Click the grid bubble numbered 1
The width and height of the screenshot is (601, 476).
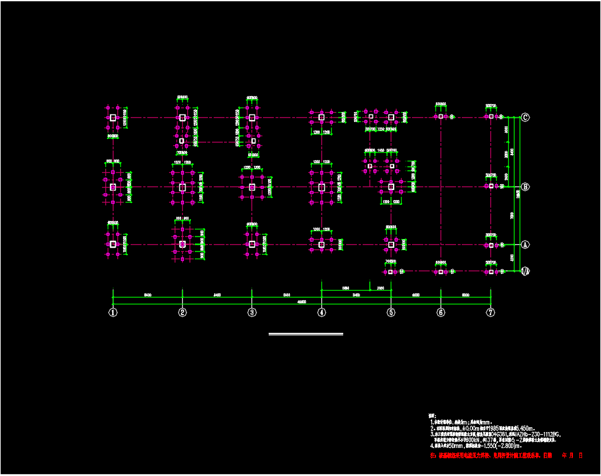[113, 312]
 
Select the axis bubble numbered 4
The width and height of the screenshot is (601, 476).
[321, 312]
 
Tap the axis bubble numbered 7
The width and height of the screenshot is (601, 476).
[490, 312]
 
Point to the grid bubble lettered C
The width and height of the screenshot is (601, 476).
[525, 118]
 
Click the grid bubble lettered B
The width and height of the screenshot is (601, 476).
[525, 187]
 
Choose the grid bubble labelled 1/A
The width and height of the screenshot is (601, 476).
[525, 271]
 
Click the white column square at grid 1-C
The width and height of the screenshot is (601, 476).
[113, 117]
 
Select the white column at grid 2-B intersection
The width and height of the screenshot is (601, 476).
[182, 187]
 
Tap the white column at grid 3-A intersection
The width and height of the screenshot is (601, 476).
[252, 244]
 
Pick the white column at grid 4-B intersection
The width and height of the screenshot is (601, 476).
[321, 187]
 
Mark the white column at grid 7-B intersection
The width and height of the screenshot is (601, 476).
[490, 186]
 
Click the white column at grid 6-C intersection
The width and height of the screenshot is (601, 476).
[440, 117]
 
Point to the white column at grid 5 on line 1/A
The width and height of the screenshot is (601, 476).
[391, 272]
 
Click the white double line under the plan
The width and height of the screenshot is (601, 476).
[306, 334]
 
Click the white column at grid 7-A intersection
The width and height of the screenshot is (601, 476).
[490, 245]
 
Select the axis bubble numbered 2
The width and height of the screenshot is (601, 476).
[182, 312]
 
